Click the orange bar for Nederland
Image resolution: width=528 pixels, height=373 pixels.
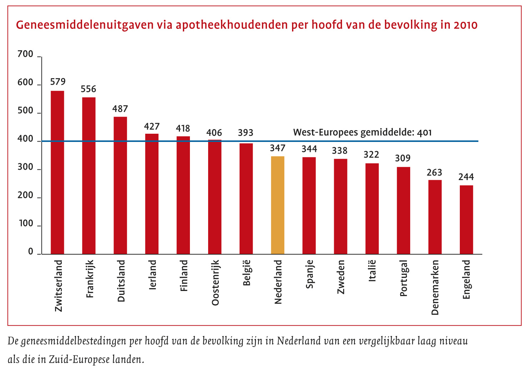click(278, 205)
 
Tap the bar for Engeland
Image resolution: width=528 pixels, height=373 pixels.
click(466, 219)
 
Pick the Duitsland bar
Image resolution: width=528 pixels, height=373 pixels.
click(120, 185)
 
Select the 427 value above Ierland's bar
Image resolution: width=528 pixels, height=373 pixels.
click(152, 127)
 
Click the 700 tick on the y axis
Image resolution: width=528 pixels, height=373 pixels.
click(25, 55)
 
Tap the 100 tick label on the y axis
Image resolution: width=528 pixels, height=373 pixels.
click(25, 224)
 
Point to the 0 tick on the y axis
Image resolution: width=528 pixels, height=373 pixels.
click(30, 252)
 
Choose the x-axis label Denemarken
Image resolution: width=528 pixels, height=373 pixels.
click(435, 287)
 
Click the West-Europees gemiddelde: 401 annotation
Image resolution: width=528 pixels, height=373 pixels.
click(362, 133)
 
